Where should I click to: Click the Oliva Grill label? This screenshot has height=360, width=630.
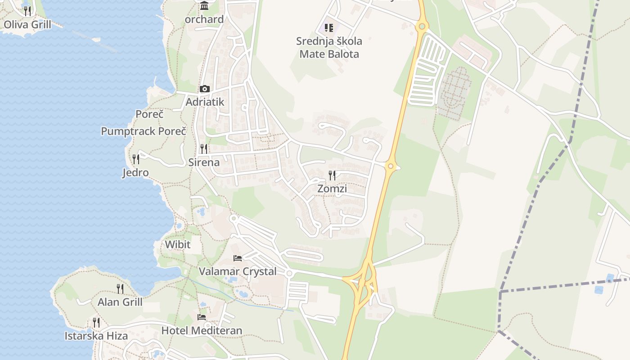coord(27,25)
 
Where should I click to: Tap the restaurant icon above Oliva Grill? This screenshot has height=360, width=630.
coord(27,11)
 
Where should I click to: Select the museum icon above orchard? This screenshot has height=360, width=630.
coord(204,6)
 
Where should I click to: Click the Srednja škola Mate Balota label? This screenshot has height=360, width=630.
coord(329,48)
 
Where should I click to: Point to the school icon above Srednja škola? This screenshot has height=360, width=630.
coord(329,28)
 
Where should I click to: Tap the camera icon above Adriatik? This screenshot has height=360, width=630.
coord(205,89)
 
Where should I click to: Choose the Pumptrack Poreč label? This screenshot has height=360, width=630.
coord(143,131)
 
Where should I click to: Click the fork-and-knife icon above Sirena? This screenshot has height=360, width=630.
coord(204,148)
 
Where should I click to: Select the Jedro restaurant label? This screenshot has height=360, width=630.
coord(135,173)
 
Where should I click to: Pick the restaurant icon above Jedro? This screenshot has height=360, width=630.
coord(135,159)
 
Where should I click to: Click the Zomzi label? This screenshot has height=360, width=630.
coord(332,189)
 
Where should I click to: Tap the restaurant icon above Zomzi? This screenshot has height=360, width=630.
coord(332,175)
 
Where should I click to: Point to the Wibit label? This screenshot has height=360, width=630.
coord(178,245)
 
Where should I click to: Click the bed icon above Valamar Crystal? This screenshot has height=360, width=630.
coord(238,258)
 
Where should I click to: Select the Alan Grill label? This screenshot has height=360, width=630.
coord(120,302)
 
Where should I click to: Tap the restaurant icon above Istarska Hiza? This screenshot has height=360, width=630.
coord(96,322)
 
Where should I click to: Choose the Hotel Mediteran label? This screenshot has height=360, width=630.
coord(202,331)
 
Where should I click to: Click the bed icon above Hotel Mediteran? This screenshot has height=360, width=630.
coord(202,317)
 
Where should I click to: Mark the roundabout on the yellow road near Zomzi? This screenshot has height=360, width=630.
coord(391,166)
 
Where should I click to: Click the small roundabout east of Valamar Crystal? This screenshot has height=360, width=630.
coord(289,274)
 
